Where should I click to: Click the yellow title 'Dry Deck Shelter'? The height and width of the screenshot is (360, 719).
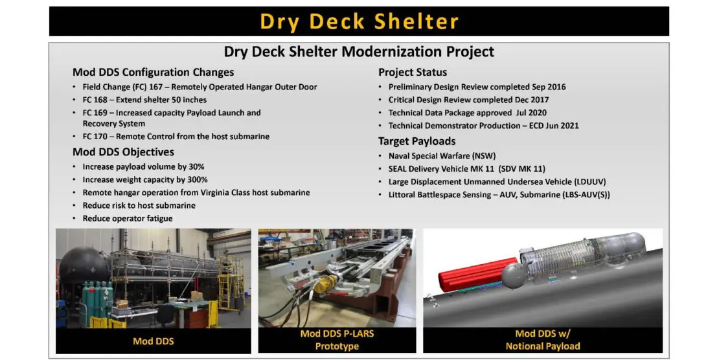tap(359, 21)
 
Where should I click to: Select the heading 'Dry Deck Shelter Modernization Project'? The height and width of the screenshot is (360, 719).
tap(359, 51)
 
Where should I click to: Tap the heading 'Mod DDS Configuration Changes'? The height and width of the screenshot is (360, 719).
tap(153, 73)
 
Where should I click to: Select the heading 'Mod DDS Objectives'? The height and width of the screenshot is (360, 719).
tap(123, 152)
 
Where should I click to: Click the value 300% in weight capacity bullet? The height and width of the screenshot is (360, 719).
tap(197, 179)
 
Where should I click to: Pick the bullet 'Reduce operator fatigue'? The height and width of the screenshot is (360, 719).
tap(128, 218)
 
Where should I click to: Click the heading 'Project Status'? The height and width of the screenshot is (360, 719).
tap(413, 73)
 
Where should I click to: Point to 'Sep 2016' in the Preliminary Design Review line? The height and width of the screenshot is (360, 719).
tap(549, 87)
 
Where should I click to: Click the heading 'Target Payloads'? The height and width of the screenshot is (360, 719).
tap(417, 141)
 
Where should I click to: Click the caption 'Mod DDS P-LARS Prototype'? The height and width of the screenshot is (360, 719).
tap(337, 340)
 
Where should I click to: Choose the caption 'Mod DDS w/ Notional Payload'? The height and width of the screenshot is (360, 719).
tap(543, 340)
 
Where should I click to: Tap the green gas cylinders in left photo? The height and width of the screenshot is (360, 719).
tap(97, 300)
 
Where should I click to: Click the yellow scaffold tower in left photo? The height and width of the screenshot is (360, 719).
tap(230, 282)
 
